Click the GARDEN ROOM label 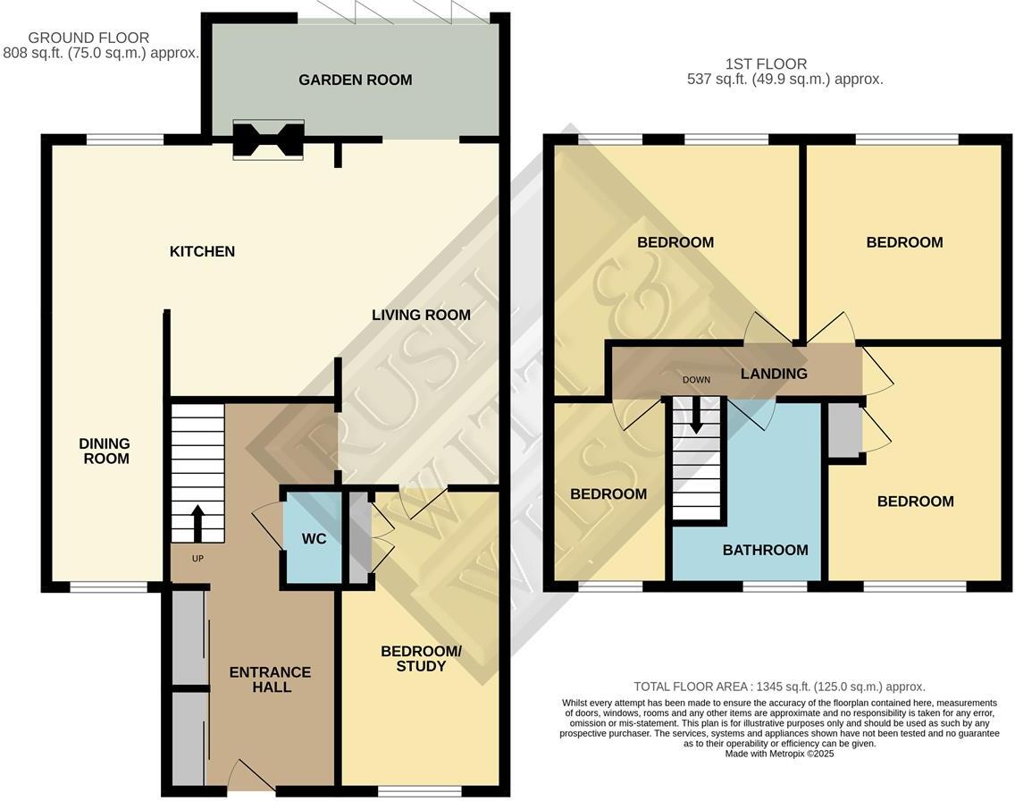click(355, 80)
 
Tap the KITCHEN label click(202, 251)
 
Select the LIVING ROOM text click(421, 315)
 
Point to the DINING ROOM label click(104, 451)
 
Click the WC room click(313, 538)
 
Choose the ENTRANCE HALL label click(270, 679)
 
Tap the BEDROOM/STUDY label click(421, 658)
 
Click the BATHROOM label click(765, 550)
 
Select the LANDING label click(774, 374)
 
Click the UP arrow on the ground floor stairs click(197, 524)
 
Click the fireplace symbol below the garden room click(268, 140)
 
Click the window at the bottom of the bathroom click(774, 586)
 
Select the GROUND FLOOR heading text click(88, 38)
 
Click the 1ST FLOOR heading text click(766, 63)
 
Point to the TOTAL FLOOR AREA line click(779, 687)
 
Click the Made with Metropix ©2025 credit click(779, 755)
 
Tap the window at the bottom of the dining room click(109, 587)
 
